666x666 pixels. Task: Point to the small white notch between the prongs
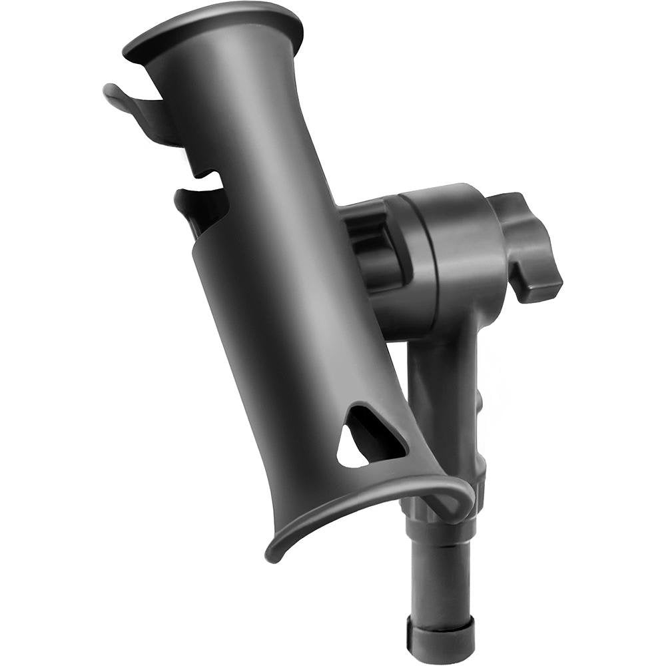[x=213, y=178]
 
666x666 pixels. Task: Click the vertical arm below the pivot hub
[x=443, y=386]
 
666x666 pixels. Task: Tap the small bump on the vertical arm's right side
[x=480, y=400]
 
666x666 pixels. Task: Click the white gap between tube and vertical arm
[x=400, y=373]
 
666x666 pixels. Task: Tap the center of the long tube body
[x=280, y=266]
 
